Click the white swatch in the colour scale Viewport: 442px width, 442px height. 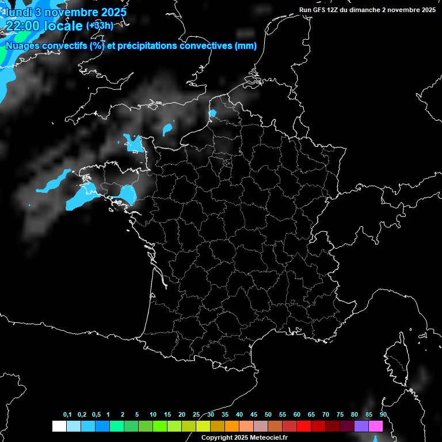coord(59,426)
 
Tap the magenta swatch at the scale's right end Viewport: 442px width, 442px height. coord(376,426)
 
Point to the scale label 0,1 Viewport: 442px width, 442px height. coord(67,415)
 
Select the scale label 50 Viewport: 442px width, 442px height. coord(268,415)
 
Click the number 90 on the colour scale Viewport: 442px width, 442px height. coord(383,415)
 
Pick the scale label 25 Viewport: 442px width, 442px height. coord(196,415)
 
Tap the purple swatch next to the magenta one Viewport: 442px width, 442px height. coord(361,426)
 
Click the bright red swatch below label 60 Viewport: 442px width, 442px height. coord(304,426)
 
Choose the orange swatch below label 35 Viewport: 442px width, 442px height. coord(232,426)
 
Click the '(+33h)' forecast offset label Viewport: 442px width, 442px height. coord(100,26)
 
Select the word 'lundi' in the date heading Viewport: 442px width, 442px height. coord(17,12)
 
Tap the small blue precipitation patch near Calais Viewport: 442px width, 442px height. coord(212,113)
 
